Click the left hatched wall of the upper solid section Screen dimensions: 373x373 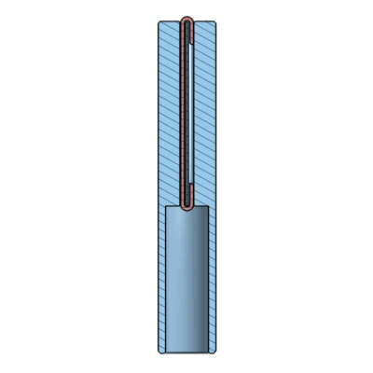(169, 112)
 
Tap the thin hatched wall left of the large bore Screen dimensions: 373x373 (161, 280)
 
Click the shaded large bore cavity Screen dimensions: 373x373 (186, 280)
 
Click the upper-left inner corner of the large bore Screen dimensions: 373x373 (166, 207)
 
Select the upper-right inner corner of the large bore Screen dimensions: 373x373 (208, 207)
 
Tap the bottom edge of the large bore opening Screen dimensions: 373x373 (186, 351)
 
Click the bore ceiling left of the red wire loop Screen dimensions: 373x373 (173, 207)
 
